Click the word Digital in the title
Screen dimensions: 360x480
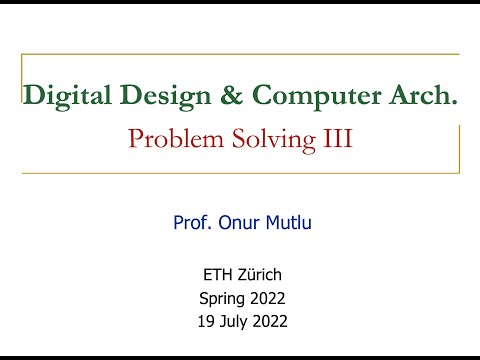pos(58,96)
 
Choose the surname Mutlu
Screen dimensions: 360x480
pos(289,222)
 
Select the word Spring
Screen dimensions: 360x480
pos(220,297)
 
